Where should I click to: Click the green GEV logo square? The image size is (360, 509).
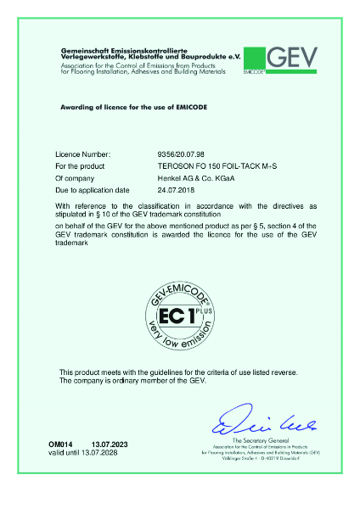tap(254, 60)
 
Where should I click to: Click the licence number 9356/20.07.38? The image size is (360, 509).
tap(183, 155)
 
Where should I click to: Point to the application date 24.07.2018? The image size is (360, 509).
tap(177, 192)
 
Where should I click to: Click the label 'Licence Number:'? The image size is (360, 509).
tap(82, 155)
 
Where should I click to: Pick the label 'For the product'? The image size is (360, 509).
tap(81, 167)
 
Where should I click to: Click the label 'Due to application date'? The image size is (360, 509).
tap(93, 192)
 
